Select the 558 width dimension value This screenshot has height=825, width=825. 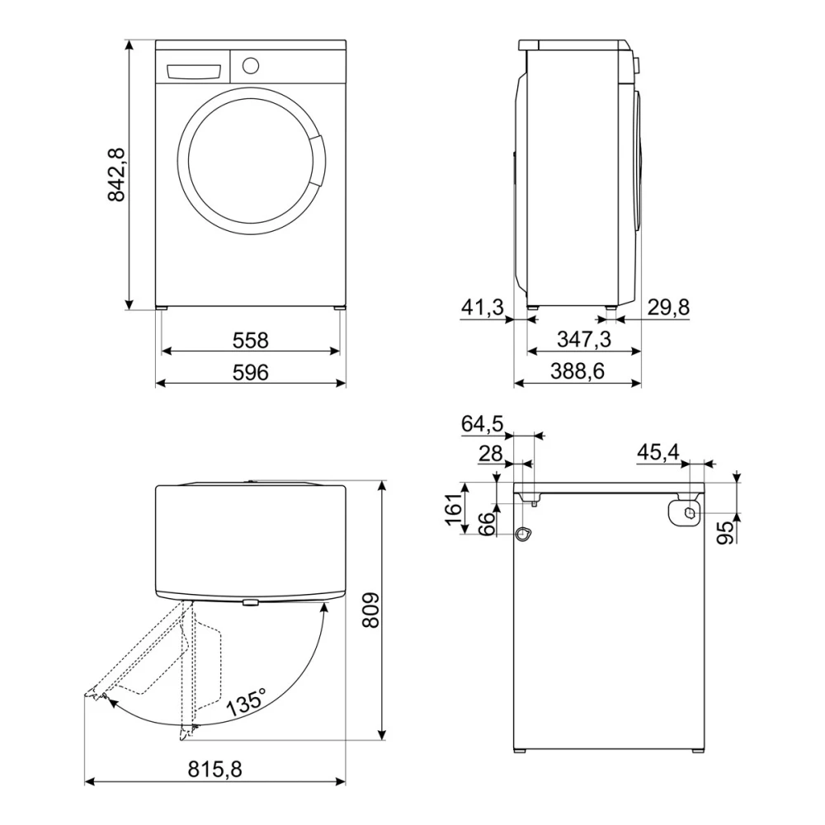[x=251, y=339]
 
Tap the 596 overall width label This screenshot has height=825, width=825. [x=251, y=372]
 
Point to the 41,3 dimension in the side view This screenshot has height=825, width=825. [x=482, y=308]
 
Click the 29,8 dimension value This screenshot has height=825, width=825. [x=667, y=308]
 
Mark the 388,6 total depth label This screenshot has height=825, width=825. [x=578, y=372]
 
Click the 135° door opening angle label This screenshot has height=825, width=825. [x=247, y=703]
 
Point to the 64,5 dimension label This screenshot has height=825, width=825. [x=482, y=424]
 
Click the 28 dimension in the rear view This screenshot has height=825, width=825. [x=490, y=454]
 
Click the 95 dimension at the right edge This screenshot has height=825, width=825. [x=725, y=533]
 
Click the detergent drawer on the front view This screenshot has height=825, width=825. [x=196, y=71]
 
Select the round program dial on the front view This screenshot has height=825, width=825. [x=252, y=64]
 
